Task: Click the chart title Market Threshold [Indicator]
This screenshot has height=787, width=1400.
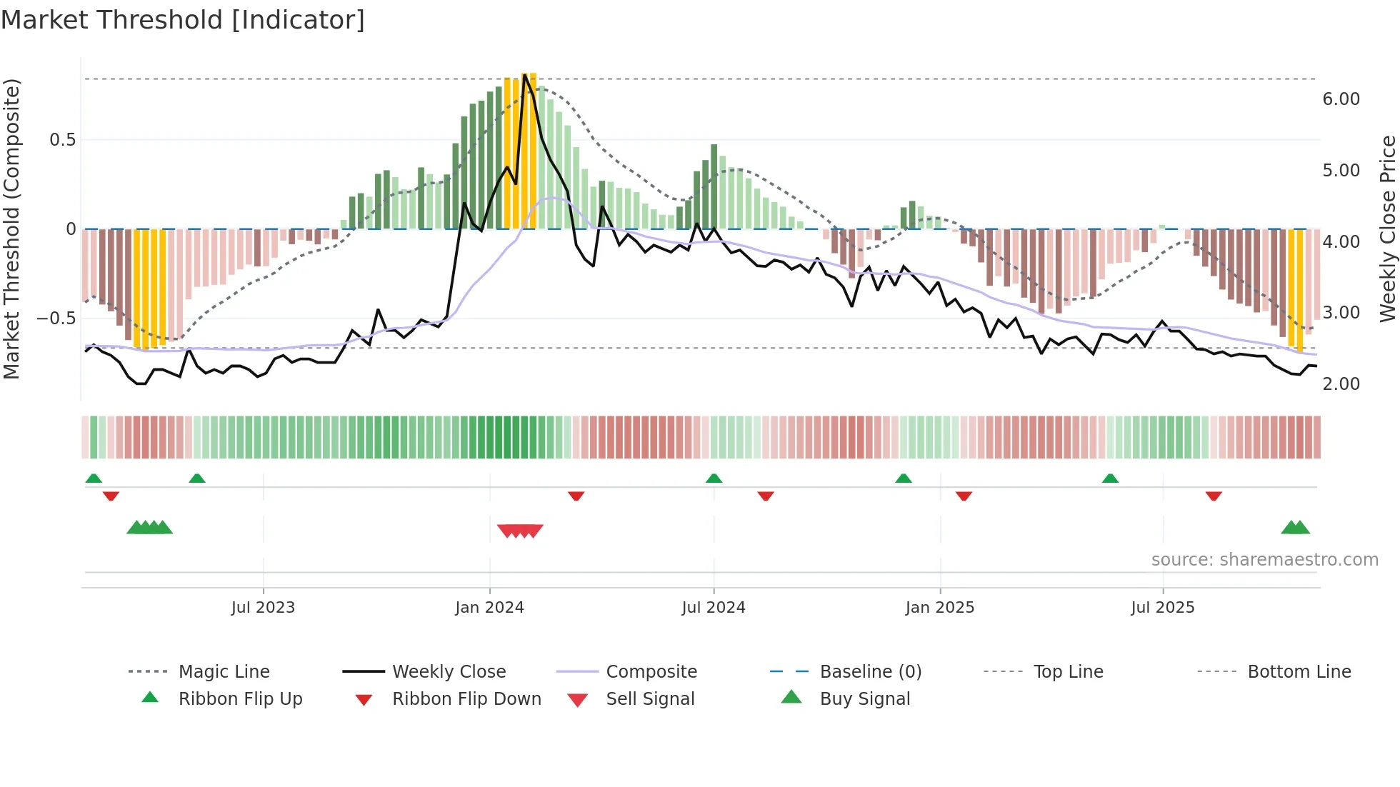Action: pos(183,20)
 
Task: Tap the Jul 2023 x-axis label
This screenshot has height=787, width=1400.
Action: pos(263,608)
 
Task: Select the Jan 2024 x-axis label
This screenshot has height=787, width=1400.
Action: pos(489,608)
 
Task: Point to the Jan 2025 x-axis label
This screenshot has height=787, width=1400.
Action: pos(939,608)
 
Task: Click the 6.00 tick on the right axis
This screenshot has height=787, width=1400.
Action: pos(1341,99)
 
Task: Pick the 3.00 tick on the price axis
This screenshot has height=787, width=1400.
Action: pos(1341,313)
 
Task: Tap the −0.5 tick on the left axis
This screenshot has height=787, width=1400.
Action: pos(56,318)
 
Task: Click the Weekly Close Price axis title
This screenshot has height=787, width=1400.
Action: pos(1387,229)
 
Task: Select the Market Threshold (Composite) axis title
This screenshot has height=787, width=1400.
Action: pos(11,229)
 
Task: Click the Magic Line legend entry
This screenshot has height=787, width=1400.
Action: pos(224,672)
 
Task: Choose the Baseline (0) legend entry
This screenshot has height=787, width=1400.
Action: pos(870,672)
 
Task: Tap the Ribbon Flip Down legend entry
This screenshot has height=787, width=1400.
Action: pos(466,699)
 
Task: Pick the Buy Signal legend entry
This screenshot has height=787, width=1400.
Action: pos(864,699)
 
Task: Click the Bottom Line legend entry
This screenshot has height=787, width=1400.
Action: pos(1299,672)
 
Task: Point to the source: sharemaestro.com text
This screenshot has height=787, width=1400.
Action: pos(1264,560)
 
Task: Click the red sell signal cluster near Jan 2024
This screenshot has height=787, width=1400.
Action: pos(520,531)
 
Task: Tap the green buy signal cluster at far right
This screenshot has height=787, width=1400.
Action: pos(1295,528)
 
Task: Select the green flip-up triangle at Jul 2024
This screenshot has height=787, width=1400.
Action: pos(714,478)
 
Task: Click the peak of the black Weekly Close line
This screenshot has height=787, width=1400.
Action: pos(525,75)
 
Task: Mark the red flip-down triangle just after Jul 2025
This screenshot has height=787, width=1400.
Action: pos(1214,496)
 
